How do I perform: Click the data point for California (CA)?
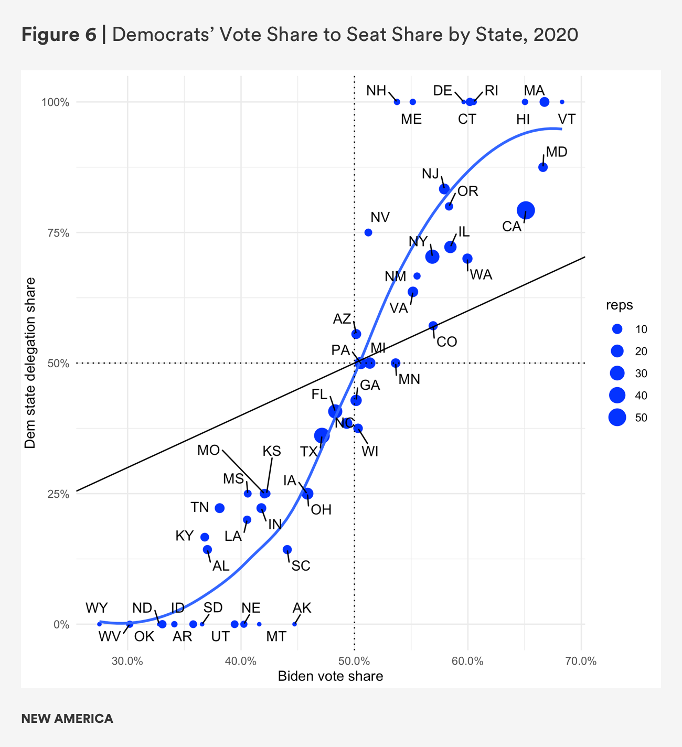click(x=526, y=210)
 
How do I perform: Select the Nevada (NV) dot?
click(x=368, y=232)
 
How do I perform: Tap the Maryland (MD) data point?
click(x=543, y=167)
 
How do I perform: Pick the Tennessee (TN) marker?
click(x=220, y=508)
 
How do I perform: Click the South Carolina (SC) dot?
click(x=287, y=550)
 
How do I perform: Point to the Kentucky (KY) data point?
click(x=205, y=537)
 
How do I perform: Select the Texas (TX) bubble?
click(x=322, y=435)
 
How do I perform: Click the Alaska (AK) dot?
click(x=294, y=624)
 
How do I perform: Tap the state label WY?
click(x=97, y=608)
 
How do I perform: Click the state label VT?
click(x=567, y=119)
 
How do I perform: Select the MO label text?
click(x=208, y=450)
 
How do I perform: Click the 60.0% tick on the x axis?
click(x=467, y=661)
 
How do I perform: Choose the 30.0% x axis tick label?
click(x=127, y=661)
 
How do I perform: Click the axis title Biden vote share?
click(x=330, y=676)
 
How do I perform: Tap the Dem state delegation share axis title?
click(x=30, y=363)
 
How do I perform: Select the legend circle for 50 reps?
click(x=617, y=418)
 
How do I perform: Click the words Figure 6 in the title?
click(x=59, y=35)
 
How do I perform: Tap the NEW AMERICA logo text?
click(x=67, y=719)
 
